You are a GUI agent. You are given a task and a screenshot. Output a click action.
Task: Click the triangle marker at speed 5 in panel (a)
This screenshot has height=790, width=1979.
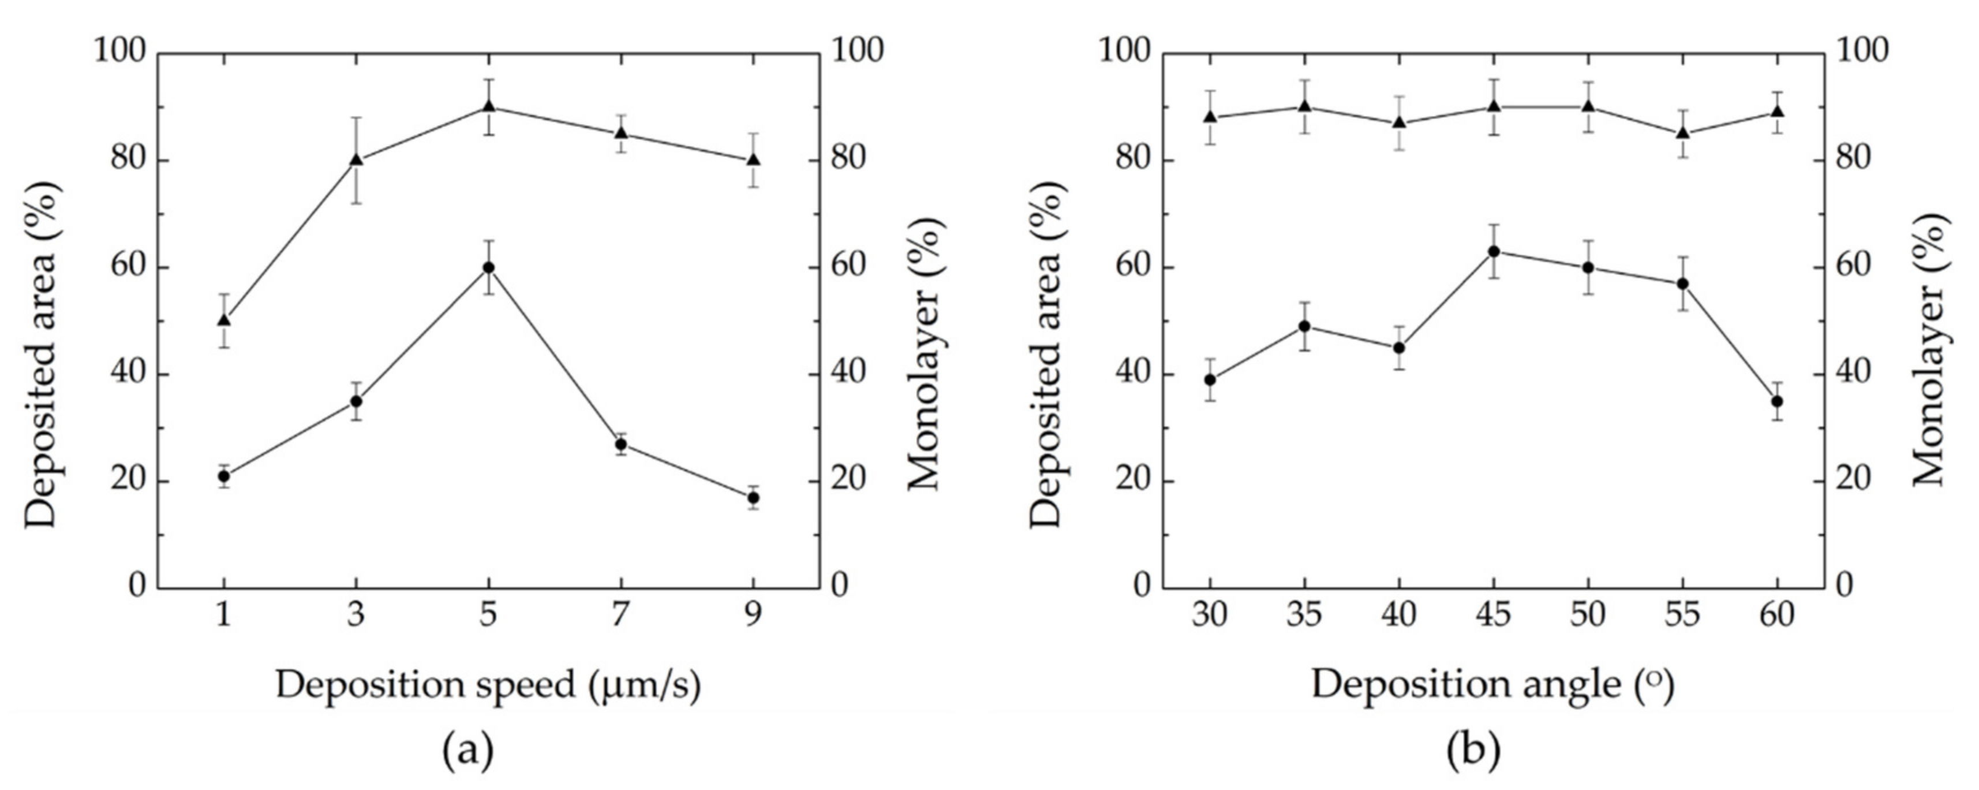[x=489, y=106]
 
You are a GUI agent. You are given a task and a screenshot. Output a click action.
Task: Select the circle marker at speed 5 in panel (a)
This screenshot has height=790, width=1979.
[x=489, y=267]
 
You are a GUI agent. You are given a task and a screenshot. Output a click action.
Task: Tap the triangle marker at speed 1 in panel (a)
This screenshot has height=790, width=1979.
[x=223, y=320]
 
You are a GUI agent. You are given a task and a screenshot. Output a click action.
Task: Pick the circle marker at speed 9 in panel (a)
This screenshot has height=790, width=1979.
[x=754, y=498]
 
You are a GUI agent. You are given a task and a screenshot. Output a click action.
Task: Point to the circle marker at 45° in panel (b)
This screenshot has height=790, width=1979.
[x=1494, y=251]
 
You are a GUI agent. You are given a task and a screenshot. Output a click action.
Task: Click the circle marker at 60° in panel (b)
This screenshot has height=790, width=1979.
[x=1777, y=401]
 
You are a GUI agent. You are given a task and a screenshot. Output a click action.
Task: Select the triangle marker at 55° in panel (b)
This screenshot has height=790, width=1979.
[x=1682, y=133]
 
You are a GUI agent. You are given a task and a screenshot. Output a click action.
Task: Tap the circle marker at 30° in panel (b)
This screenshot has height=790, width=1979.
[x=1210, y=379]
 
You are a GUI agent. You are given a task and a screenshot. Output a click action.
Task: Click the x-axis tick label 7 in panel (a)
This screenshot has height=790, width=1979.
[x=621, y=615]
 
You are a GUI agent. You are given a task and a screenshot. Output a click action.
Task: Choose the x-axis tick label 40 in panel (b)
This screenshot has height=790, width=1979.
[x=1399, y=615]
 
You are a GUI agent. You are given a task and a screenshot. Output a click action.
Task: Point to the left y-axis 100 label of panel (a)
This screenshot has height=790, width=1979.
[x=119, y=51]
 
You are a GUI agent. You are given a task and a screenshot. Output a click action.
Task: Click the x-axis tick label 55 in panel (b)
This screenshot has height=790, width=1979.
[x=1682, y=615]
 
